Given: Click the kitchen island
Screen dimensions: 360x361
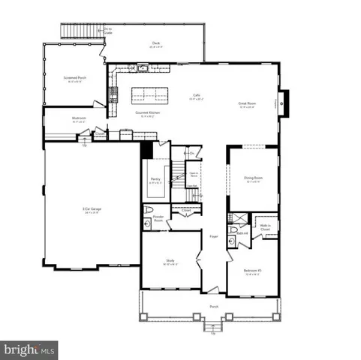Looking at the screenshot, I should [x=150, y=95].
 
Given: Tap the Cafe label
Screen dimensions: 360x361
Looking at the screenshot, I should [x=196, y=96].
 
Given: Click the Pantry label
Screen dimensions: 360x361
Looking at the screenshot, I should [x=155, y=179].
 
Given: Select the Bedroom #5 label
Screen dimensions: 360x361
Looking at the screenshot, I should [x=252, y=270].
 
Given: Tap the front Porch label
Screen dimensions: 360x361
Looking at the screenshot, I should [x=214, y=307].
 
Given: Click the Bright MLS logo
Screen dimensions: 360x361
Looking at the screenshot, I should [x=29, y=349].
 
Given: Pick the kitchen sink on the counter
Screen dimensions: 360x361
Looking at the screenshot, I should [x=142, y=69].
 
